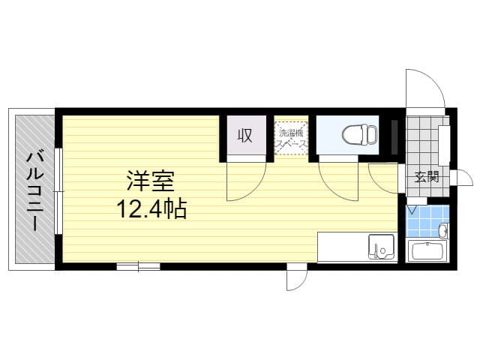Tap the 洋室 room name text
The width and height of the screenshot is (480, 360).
pos(150,181)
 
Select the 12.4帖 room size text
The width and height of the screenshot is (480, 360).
pos(150,207)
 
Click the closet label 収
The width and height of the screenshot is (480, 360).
pos(244,136)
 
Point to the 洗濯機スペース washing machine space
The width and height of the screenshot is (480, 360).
pos(291,137)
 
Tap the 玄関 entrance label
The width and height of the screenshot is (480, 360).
pos(427,178)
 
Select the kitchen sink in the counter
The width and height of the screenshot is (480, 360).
pos(381,246)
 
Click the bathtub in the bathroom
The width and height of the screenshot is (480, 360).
pos(427,251)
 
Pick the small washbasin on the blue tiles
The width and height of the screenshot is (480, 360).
pos(442,230)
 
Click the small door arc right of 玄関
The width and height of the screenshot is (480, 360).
pos(463,178)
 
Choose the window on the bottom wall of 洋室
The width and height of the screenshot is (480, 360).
pos(138,265)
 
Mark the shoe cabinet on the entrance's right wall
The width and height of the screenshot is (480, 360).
pos(444,145)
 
